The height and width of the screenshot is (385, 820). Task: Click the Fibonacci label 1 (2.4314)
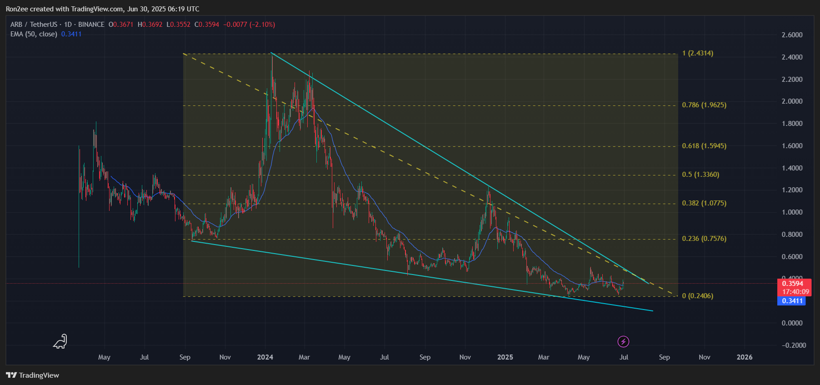pos(698,53)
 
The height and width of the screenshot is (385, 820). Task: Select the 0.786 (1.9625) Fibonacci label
pos(704,105)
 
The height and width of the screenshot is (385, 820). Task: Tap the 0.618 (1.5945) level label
pos(704,146)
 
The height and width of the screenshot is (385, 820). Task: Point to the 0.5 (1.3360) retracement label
pos(700,175)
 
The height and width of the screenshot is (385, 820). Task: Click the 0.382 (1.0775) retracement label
pos(704,203)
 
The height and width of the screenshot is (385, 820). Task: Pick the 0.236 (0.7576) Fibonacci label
pos(704,239)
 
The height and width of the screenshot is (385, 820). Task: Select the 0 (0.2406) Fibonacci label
pos(698,296)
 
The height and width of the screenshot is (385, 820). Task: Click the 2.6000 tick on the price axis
pos(792,35)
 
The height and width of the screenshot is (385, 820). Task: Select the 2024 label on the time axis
pos(265,357)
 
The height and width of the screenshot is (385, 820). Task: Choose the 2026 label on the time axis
pos(745,357)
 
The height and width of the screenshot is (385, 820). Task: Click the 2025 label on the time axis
pos(505,357)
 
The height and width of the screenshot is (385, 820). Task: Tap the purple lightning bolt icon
pos(623,341)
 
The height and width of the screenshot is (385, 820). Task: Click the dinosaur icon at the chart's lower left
pos(60,342)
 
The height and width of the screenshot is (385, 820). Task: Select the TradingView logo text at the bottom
pos(33,375)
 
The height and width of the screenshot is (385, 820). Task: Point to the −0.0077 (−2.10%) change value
pos(249,25)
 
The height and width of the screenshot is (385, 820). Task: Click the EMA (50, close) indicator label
pos(34,34)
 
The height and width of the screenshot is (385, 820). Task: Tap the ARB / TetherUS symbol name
pos(34,25)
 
